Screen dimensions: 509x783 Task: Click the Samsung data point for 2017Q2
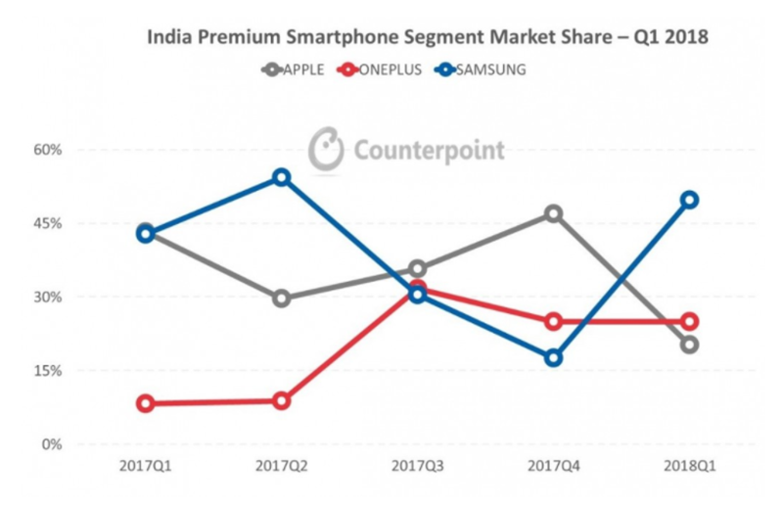(x=281, y=177)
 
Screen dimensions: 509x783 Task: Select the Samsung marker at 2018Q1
(x=689, y=200)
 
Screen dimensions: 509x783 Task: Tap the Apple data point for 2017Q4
(x=554, y=214)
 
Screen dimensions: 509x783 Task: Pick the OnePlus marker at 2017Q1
(x=145, y=403)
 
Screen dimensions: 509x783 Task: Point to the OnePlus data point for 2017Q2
(x=281, y=400)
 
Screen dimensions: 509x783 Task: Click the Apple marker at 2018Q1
(x=689, y=345)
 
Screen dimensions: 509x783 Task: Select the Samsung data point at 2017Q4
(x=554, y=358)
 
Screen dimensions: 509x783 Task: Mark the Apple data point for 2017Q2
(x=281, y=299)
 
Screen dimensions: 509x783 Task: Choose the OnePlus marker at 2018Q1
(x=689, y=321)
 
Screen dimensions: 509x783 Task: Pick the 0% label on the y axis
(x=52, y=444)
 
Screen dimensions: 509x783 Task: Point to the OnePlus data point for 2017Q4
(x=554, y=321)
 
